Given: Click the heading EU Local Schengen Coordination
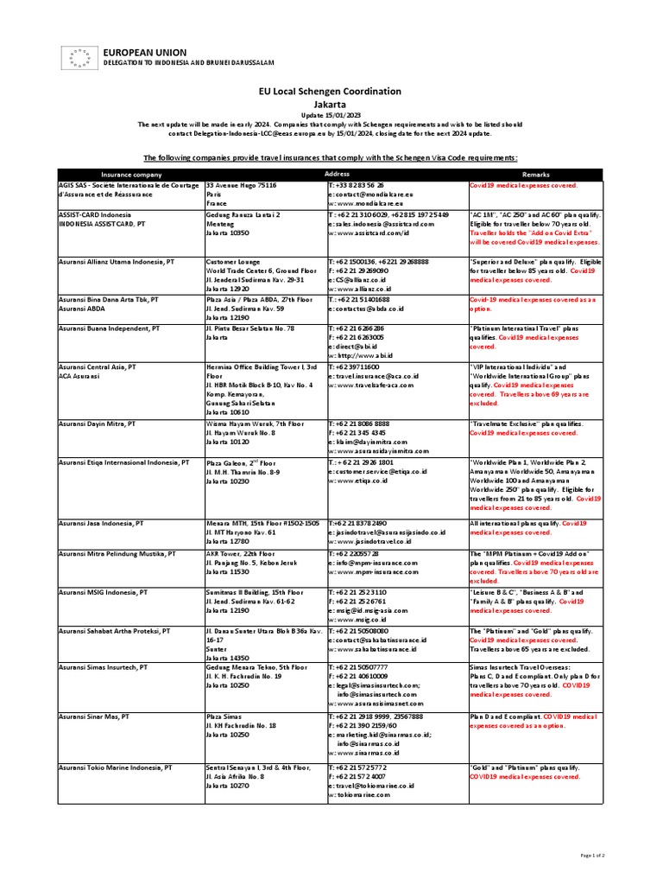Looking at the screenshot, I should (331, 92).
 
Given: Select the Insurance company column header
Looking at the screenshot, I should (130, 174).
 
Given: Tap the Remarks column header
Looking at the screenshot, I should (535, 174).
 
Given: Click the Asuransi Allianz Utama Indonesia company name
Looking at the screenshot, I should (116, 260).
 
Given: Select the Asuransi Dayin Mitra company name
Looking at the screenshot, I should (98, 423).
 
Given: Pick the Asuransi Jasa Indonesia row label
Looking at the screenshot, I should (101, 523).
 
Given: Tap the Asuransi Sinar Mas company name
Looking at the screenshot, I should (94, 716).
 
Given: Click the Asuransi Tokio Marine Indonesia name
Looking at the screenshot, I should (115, 767).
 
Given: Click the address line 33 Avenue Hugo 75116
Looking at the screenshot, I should (241, 185).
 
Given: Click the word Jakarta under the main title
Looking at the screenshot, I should (331, 103).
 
